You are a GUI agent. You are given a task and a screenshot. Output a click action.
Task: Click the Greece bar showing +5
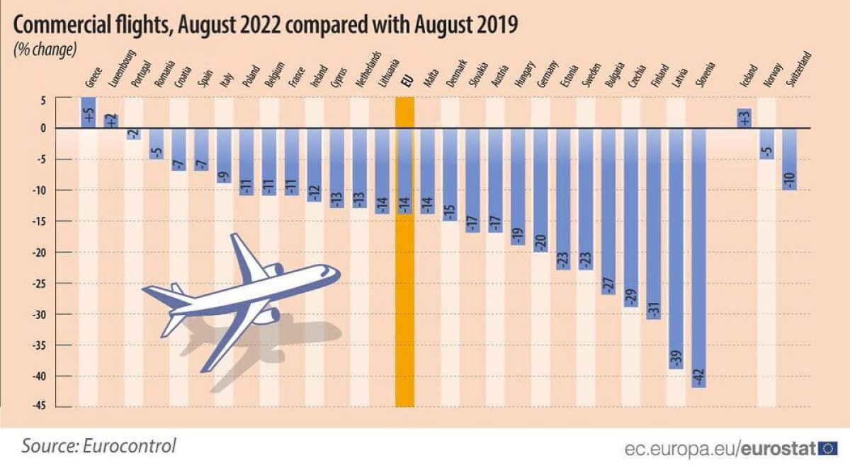tap(88, 113)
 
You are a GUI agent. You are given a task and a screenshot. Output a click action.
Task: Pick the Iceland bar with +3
tap(744, 118)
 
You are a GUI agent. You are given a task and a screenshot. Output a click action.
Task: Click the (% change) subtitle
tap(45, 50)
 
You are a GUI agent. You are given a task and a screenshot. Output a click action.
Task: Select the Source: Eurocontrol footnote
tap(99, 446)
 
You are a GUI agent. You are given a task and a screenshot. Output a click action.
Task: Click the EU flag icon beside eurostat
tap(828, 448)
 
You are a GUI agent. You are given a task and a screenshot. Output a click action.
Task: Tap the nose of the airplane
tap(336, 272)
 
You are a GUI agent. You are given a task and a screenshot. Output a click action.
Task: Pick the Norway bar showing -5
tap(766, 143)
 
